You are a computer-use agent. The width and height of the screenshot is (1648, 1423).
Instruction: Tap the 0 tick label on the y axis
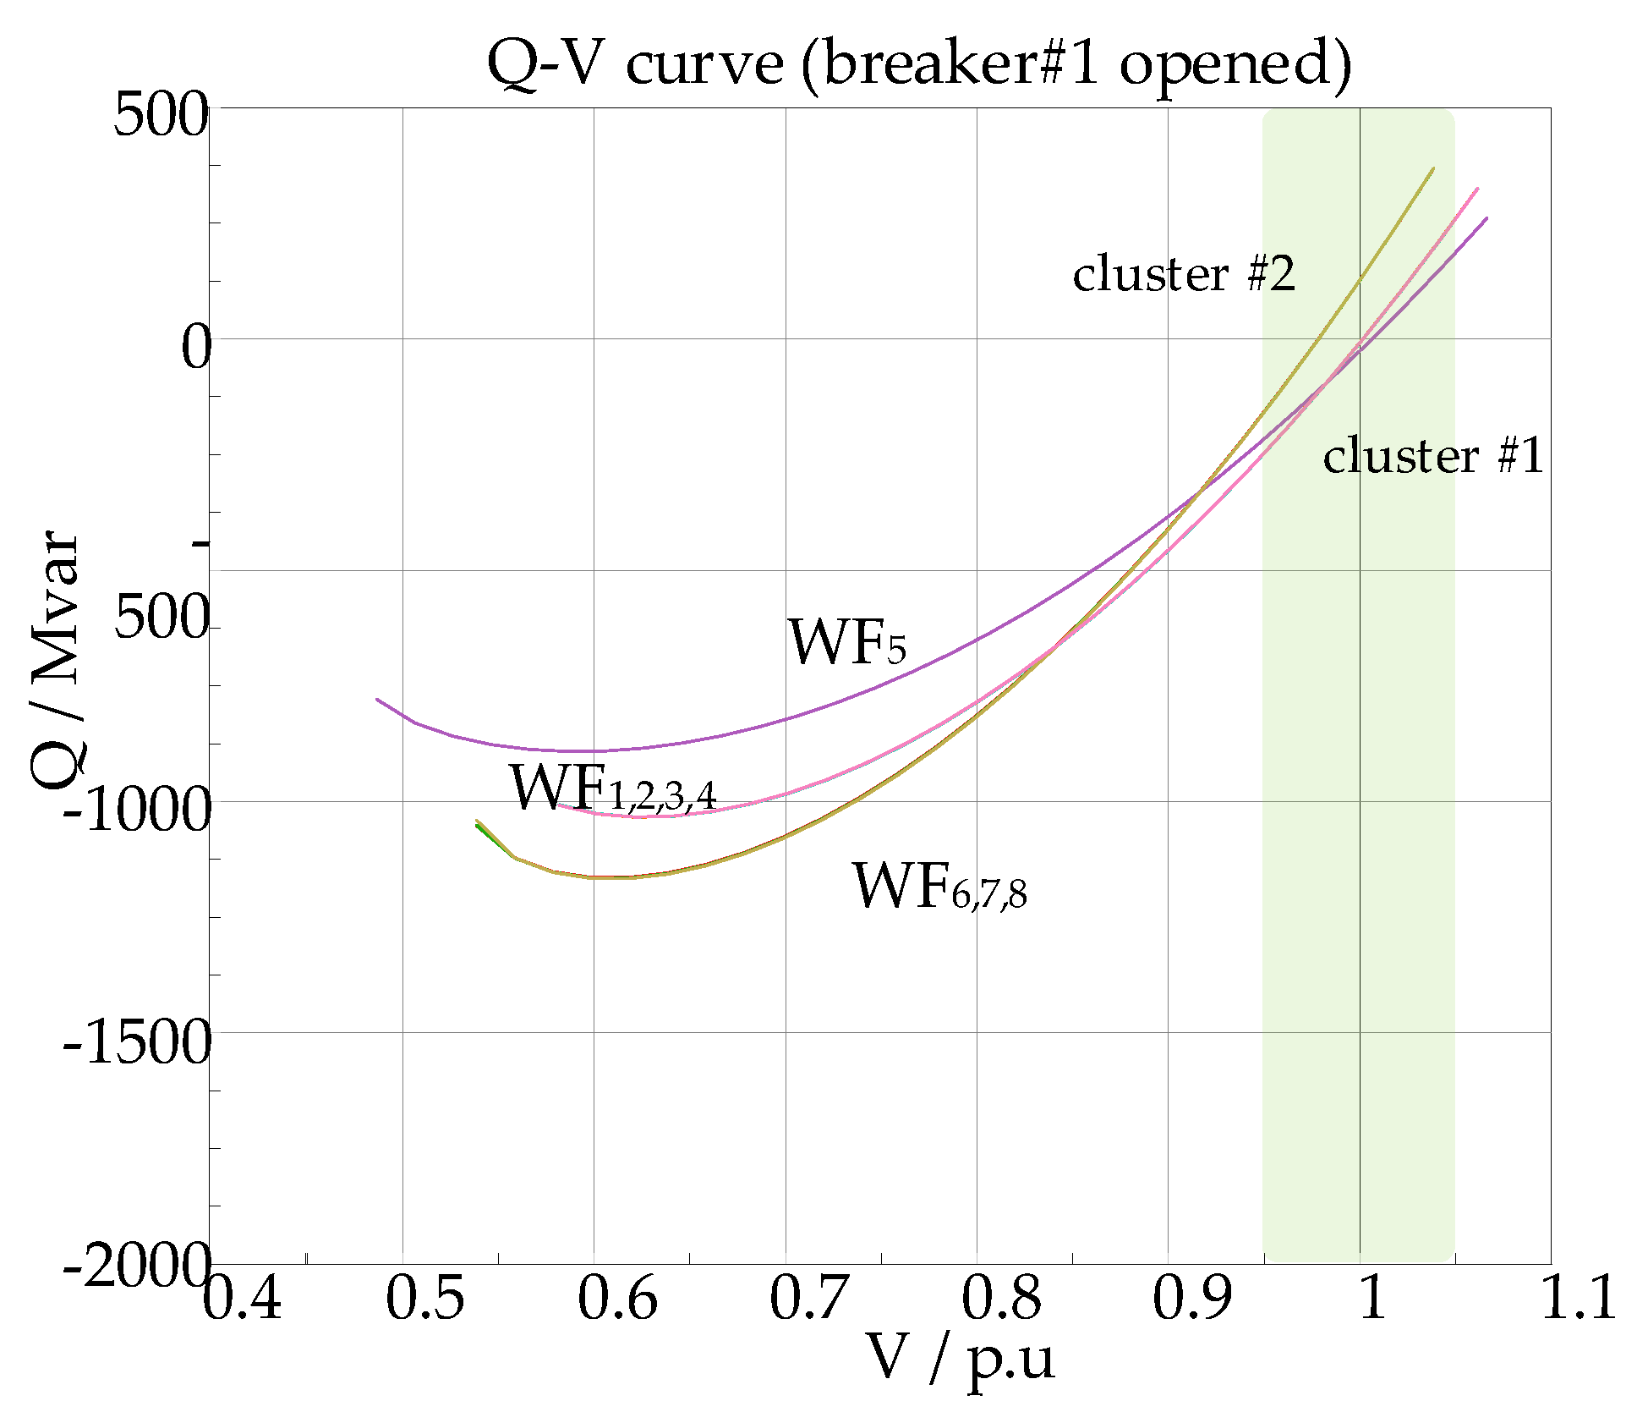point(195,347)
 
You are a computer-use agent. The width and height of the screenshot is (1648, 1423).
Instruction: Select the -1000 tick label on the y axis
point(137,810)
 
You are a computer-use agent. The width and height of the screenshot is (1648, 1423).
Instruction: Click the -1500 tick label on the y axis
point(137,1041)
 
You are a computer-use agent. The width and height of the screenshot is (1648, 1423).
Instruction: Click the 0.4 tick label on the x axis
point(242,1298)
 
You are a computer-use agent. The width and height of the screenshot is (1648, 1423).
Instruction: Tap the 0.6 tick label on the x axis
point(617,1298)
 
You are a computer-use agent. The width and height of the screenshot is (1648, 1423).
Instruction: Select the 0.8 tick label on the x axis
point(1001,1298)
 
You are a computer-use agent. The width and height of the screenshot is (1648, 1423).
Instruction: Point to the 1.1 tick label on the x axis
point(1578,1298)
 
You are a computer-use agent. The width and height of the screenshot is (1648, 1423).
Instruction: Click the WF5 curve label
point(847,642)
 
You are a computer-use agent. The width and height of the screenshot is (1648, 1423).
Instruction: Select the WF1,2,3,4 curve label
point(613,788)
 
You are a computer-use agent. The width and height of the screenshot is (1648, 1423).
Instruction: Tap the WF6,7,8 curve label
point(939,887)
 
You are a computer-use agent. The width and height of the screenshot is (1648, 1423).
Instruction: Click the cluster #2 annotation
point(1184,274)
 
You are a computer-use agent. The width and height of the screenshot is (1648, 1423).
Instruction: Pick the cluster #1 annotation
point(1433,456)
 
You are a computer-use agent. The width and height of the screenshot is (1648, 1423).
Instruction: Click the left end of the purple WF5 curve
point(377,699)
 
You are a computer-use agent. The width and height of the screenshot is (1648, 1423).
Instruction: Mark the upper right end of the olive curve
point(1433,168)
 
